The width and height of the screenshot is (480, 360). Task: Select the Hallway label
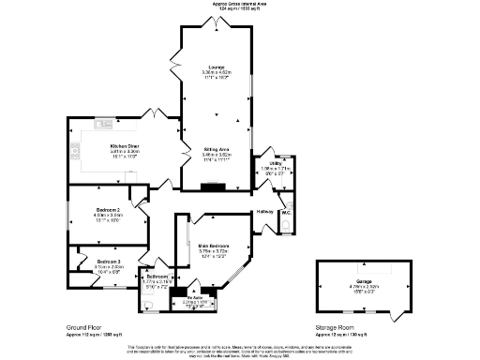(x=264, y=212)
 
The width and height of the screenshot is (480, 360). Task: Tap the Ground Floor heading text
(x=85, y=328)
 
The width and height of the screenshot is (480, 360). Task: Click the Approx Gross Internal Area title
(x=240, y=4)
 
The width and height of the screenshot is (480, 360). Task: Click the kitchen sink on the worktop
(x=104, y=123)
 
